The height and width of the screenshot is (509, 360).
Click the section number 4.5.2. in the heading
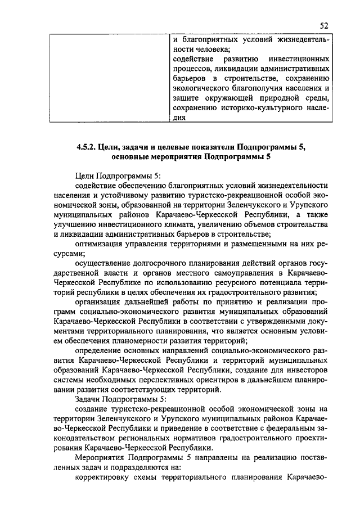[87, 147]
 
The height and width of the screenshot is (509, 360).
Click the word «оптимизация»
[100, 244]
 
